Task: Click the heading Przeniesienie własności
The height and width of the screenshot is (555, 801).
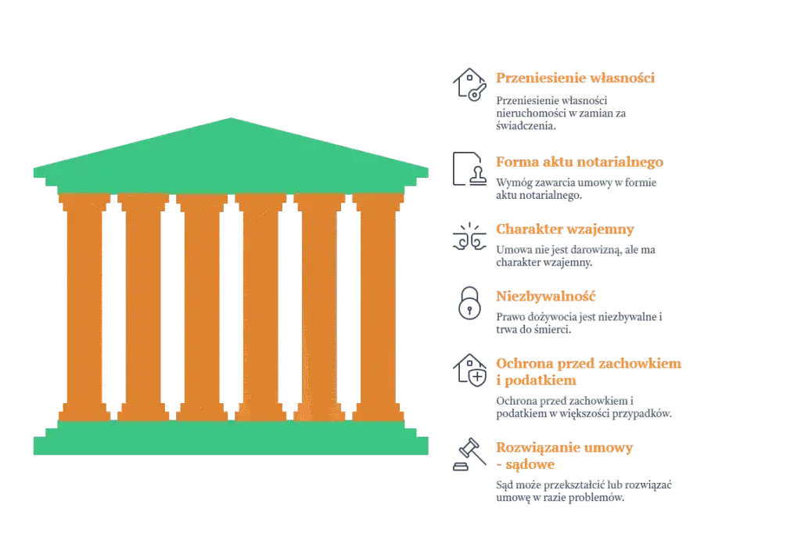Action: tap(575, 77)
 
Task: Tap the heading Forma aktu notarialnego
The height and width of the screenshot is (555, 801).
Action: tap(580, 162)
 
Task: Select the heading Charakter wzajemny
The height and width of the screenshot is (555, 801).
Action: tap(565, 229)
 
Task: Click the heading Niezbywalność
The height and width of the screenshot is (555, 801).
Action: tap(545, 297)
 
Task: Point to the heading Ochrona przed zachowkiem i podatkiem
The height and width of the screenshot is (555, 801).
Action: tap(588, 372)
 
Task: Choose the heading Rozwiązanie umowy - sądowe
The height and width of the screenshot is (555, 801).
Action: tap(564, 456)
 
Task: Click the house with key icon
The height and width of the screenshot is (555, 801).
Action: tap(469, 85)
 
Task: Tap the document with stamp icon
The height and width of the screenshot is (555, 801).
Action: tap(469, 168)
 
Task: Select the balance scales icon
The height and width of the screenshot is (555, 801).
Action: tap(469, 236)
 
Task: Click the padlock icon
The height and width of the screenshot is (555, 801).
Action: tap(469, 303)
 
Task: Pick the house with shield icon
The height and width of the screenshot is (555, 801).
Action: tap(469, 370)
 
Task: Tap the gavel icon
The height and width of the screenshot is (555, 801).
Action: tap(469, 454)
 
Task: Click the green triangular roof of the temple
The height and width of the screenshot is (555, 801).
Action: tap(231, 153)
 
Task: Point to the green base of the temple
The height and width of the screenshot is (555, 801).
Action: tap(231, 438)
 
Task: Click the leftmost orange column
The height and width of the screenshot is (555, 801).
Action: tap(84, 307)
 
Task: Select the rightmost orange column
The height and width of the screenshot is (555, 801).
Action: tap(378, 307)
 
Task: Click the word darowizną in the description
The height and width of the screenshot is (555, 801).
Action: tap(595, 250)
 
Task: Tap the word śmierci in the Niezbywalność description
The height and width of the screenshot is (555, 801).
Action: tap(552, 330)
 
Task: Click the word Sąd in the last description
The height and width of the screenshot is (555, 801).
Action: tap(505, 485)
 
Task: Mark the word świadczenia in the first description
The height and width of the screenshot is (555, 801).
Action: tap(526, 126)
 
